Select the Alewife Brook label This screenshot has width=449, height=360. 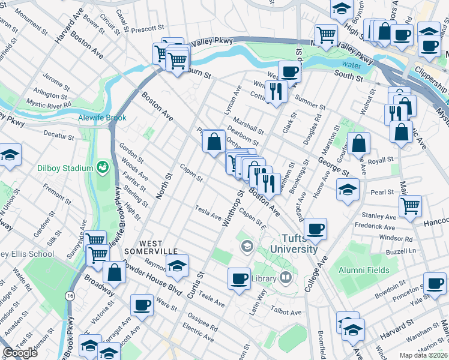click(102, 118)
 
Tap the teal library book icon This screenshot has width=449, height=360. click(286, 277)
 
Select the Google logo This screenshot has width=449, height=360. click(20, 353)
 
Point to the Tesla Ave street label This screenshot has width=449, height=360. click(208, 211)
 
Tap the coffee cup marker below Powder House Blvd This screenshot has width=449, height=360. click(142, 304)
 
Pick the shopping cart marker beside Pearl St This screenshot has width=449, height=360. click(410, 205)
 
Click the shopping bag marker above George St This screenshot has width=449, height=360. click(358, 143)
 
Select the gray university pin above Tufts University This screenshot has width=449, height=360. click(247, 246)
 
